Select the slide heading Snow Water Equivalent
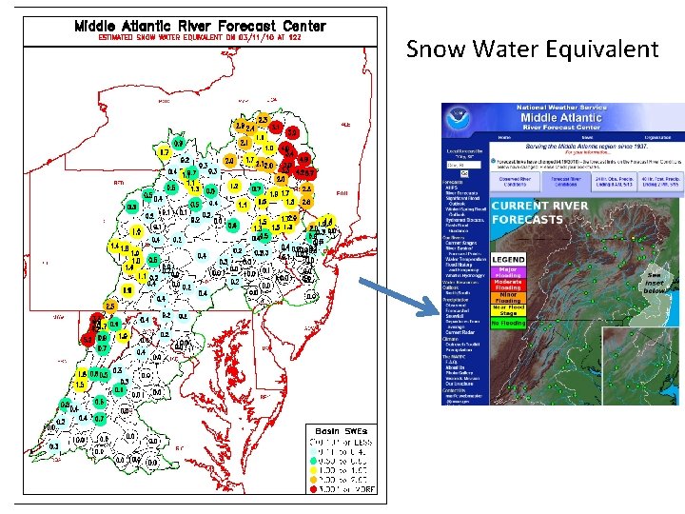tap(532, 49)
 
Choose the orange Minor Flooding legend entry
tap(508, 297)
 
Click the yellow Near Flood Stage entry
tap(508, 309)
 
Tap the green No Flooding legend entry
tap(508, 324)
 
